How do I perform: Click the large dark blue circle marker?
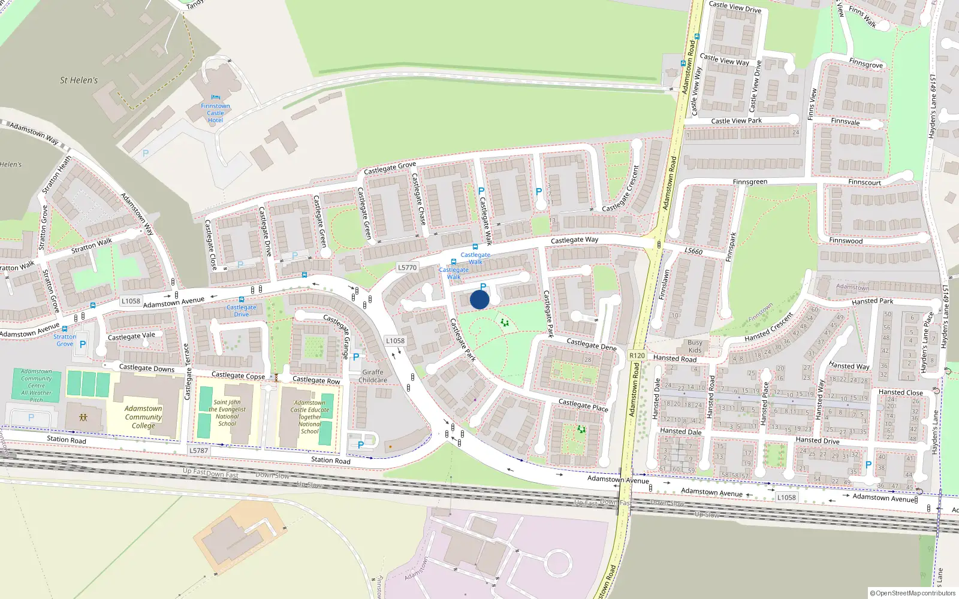coord(479,299)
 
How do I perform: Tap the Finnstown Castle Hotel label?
coord(215,113)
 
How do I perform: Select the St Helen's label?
coord(79,80)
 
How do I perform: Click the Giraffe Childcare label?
coord(373,376)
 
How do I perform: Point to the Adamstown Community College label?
coord(143,417)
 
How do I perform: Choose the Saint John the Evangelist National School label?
coord(227,413)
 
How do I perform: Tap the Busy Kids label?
coord(695,347)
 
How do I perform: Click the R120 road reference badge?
coord(637,356)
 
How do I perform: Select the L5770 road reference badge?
coord(408,268)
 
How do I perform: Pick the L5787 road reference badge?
coord(198,450)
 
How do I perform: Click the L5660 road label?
coord(693,251)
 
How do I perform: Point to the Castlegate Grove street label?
coord(390,169)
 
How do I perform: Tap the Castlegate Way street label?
coord(574,240)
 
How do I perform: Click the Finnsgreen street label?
coord(750,181)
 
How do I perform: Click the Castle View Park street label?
coord(736,121)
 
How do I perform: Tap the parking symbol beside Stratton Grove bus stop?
coord(83,344)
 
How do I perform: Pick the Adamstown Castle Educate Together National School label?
coord(310,417)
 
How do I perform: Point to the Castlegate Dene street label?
coord(591,344)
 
